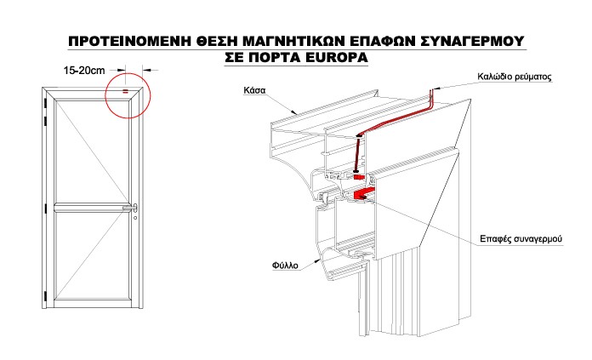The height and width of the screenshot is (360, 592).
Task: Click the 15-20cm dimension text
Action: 87,71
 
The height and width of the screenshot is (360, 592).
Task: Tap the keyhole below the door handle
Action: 134,218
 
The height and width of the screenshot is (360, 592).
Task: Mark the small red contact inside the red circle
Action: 125,91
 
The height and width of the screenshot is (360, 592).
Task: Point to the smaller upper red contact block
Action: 359,177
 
